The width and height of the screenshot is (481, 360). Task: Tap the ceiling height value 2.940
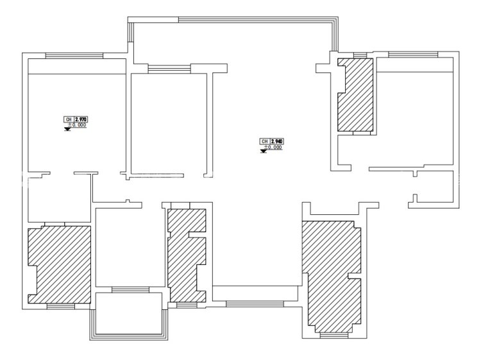(276, 141)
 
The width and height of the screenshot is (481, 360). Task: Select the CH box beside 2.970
(69, 119)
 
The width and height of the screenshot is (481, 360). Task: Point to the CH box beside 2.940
(264, 141)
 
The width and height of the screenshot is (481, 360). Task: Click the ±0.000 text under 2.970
(77, 125)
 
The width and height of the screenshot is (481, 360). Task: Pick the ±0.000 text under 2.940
(273, 148)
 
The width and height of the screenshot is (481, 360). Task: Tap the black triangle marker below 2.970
(67, 129)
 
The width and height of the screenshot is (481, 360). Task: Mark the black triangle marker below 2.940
(263, 151)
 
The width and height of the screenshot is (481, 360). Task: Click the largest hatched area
(332, 276)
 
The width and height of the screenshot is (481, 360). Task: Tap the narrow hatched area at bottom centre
(185, 255)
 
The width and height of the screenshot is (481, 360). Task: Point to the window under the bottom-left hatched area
(61, 306)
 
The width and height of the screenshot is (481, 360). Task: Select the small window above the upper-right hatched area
(360, 55)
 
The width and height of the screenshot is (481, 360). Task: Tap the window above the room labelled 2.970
(74, 56)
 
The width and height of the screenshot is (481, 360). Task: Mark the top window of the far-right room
(413, 55)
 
